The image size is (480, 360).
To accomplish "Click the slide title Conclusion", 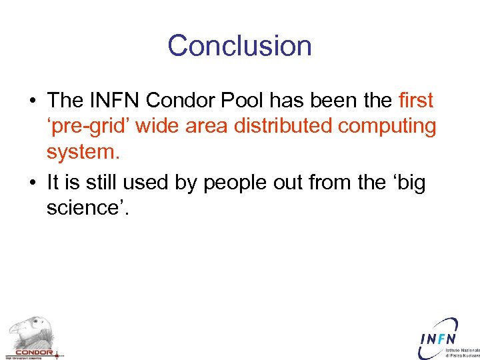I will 239,46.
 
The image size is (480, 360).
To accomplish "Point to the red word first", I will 415,101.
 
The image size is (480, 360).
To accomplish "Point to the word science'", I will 88,209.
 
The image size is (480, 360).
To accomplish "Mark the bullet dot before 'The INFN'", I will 33,101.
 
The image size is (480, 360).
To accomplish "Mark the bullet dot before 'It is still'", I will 33,182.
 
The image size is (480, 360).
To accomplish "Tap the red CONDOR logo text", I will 33,351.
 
